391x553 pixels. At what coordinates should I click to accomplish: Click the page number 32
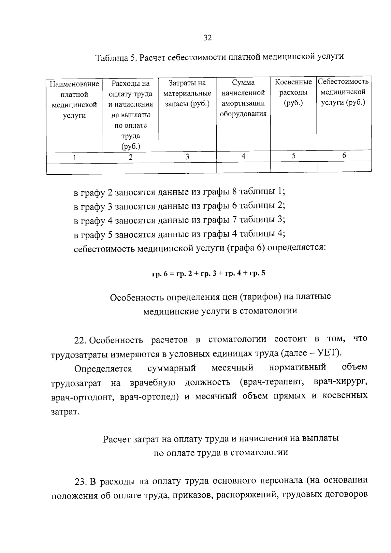click(x=208, y=38)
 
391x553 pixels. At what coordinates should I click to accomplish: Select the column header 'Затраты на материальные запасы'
click(x=187, y=94)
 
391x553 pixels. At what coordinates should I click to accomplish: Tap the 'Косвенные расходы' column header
click(x=293, y=93)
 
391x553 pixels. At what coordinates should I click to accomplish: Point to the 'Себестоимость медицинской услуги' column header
click(x=343, y=92)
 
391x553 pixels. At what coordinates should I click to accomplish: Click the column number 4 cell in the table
click(x=243, y=156)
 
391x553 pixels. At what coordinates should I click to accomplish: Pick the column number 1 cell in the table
click(x=75, y=158)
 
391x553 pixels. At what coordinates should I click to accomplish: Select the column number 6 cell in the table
click(x=344, y=156)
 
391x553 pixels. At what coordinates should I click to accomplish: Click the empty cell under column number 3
click(x=187, y=168)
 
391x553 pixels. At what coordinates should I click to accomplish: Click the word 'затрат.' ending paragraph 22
click(x=65, y=412)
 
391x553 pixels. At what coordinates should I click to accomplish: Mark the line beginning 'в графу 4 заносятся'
click(x=179, y=220)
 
